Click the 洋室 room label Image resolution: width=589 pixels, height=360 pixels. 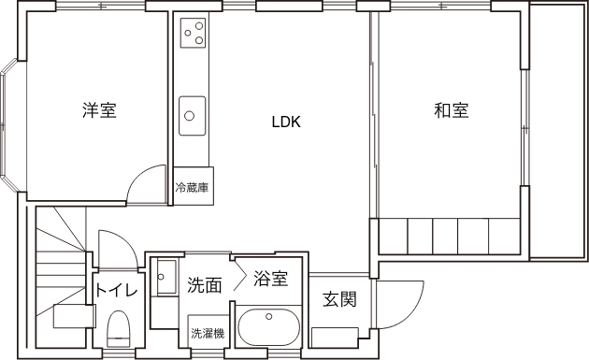(x=99, y=110)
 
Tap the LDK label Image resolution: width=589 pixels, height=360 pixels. (x=286, y=122)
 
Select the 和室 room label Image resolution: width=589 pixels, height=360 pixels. (x=452, y=110)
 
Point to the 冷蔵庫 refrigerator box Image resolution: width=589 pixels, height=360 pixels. (x=194, y=186)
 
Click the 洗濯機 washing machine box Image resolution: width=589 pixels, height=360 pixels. (x=208, y=331)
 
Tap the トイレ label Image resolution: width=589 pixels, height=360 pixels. (x=117, y=291)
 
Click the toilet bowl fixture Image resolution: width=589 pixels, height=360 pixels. (x=119, y=328)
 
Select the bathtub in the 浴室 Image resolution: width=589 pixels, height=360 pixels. (x=269, y=327)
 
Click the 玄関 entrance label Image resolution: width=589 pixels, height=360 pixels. (x=339, y=299)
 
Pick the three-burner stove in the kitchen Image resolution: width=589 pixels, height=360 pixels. (x=194, y=33)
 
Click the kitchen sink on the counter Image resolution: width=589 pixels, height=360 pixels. (x=193, y=116)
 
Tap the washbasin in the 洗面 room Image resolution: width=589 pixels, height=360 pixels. (x=166, y=277)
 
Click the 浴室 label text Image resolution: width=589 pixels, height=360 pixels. (x=270, y=279)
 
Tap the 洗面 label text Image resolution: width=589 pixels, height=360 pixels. (x=205, y=285)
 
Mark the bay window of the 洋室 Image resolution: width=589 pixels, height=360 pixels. (x=8, y=125)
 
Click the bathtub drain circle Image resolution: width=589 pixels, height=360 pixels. (x=268, y=316)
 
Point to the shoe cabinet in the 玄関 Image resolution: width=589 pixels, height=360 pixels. (x=335, y=338)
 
